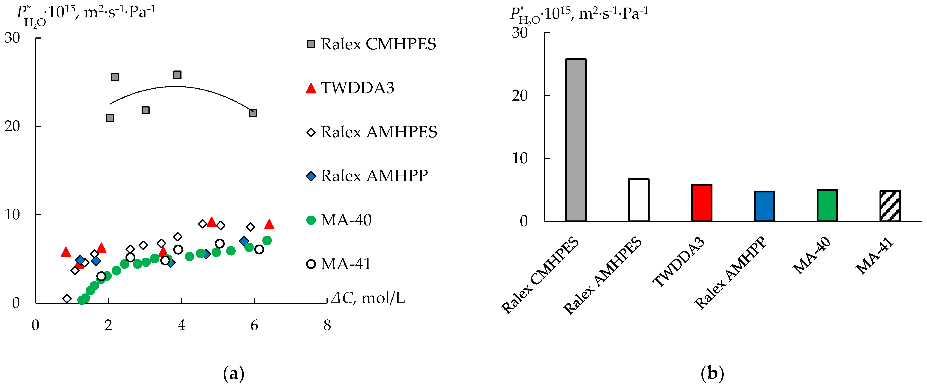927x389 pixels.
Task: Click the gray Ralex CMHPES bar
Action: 575,141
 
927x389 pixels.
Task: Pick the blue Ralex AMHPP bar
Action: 764,206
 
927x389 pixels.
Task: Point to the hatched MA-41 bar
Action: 890,206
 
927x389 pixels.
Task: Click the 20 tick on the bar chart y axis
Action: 520,96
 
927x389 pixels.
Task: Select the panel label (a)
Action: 234,374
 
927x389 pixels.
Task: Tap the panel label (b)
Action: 712,374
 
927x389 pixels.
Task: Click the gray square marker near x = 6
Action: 253,113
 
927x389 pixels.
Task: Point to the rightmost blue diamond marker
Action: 244,241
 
